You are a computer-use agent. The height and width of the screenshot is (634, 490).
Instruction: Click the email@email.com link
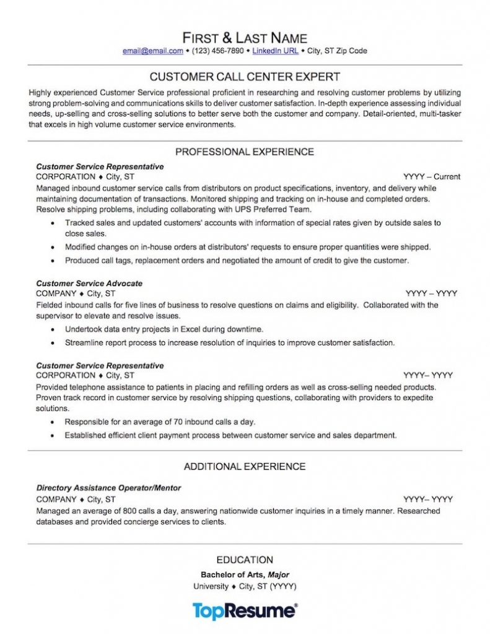[x=153, y=51]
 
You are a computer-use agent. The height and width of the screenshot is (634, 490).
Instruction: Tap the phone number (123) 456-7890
[x=217, y=51]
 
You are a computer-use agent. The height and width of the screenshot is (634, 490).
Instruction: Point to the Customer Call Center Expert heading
[x=245, y=77]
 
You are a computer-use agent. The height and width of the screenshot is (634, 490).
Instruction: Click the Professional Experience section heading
[x=245, y=152]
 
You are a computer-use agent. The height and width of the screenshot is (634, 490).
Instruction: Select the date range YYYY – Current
[x=431, y=176]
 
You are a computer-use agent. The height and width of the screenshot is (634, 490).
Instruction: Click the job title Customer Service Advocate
[x=89, y=284]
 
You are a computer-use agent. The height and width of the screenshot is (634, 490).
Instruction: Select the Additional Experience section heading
[x=245, y=466]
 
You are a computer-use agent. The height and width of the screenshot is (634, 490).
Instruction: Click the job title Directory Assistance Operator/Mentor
[x=108, y=488]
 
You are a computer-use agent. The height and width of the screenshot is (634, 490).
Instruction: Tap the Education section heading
[x=245, y=560]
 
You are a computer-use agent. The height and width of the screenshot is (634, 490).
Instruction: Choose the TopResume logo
[x=245, y=610]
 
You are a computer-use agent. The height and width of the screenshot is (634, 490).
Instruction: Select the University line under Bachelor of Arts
[x=245, y=586]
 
